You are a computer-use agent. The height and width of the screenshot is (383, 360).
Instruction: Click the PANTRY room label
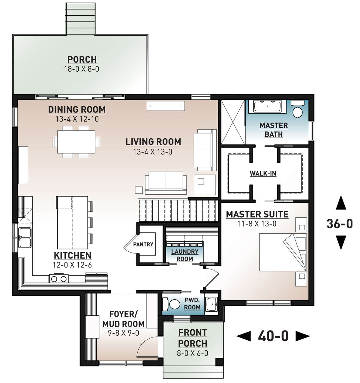coord(143,244)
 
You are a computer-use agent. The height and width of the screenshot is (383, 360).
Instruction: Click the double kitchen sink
coord(25,238)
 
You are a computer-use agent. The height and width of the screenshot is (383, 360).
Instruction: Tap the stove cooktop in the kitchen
coord(58,278)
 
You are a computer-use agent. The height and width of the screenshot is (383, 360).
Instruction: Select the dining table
coord(76,142)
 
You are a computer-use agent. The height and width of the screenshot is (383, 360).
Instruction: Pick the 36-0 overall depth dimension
coord(340,223)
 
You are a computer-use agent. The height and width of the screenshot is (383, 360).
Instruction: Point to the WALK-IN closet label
coord(263,173)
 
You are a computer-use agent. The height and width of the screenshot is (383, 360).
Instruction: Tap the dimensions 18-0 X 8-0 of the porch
coord(81,69)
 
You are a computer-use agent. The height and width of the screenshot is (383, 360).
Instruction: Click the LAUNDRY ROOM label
coord(184,255)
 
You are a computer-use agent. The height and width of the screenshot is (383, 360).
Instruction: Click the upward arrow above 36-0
coord(341,202)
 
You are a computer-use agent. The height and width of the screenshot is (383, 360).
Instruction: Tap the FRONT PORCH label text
coord(193,338)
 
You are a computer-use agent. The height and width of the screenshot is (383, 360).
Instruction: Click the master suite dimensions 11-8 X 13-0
coord(257,224)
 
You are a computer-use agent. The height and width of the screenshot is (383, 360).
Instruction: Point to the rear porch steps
coord(80,19)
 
